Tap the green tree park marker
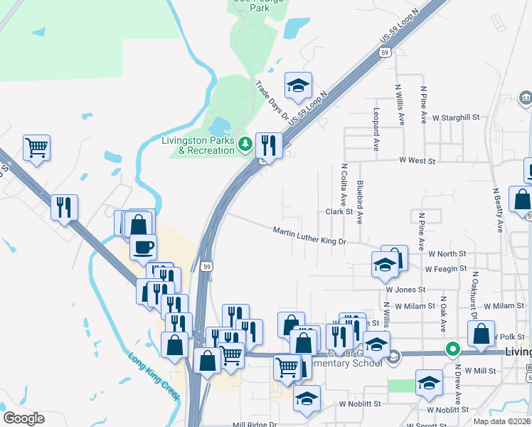245,144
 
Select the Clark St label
339,212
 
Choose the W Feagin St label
446,269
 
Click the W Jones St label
405,290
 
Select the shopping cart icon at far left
36,147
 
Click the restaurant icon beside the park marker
269,144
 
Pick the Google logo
23,418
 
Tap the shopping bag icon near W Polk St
481,333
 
